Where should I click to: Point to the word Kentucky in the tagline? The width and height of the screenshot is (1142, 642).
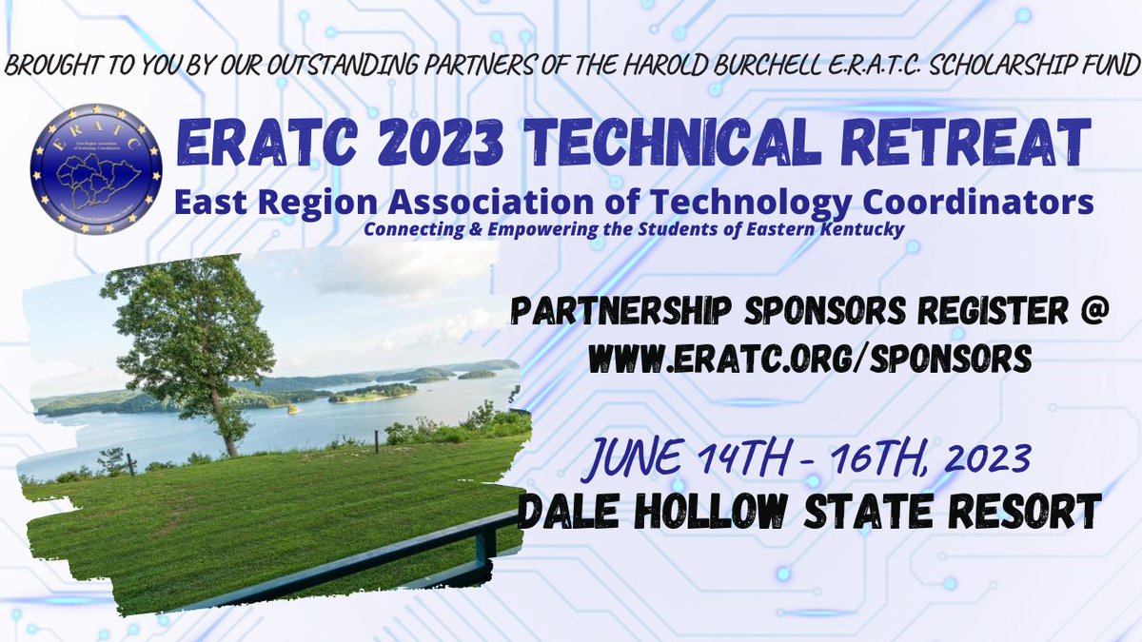click(860, 229)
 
